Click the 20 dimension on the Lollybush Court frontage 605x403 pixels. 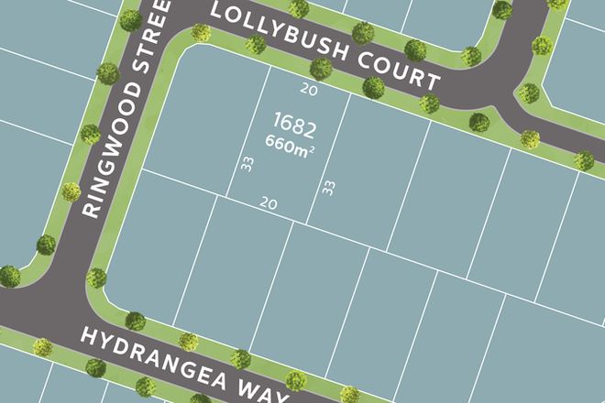[309, 90]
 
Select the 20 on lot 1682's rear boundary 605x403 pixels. [268, 202]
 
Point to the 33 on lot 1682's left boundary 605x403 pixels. [246, 166]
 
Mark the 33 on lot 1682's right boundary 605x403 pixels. [326, 189]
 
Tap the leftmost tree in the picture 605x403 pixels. [9, 276]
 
